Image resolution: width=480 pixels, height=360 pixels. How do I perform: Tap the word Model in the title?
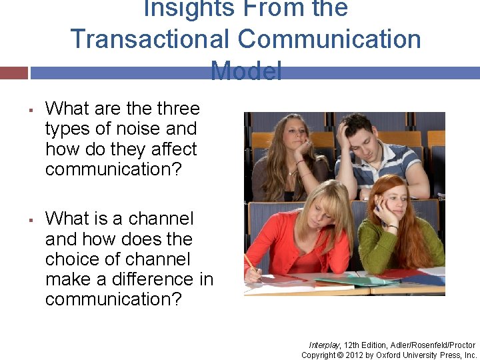[246, 70]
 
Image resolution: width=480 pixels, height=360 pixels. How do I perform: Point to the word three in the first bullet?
[178, 109]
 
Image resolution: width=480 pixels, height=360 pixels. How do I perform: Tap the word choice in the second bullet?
[72, 259]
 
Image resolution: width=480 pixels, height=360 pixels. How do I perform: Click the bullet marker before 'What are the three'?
[31, 109]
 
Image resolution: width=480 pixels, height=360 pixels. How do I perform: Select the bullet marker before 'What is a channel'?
[31, 219]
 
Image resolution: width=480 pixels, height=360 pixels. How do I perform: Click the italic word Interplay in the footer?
[325, 345]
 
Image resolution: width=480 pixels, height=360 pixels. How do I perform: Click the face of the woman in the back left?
[291, 134]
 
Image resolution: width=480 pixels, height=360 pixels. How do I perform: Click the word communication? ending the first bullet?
[113, 169]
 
